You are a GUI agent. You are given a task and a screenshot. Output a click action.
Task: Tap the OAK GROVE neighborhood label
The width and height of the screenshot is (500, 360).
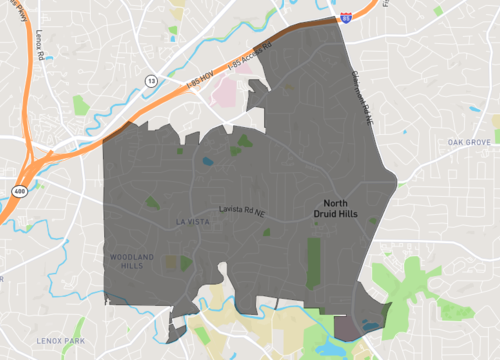pos(470,143)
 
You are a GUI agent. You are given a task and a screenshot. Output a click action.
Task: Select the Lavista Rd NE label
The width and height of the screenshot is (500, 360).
pos(242,209)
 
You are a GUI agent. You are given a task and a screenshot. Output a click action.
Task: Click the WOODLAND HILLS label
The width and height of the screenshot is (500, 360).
pos(132,261)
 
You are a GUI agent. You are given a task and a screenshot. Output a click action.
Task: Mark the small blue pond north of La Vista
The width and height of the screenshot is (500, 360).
pos(207,160)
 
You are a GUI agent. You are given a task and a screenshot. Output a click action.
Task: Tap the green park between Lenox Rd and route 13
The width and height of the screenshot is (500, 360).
pos(81,105)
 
